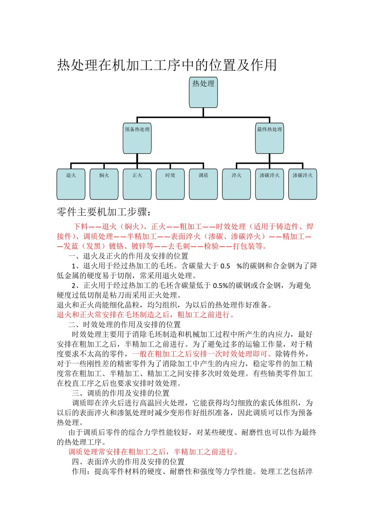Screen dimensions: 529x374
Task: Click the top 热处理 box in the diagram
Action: (203, 92)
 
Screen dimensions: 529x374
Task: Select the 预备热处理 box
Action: (137, 139)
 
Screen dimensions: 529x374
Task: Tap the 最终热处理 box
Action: (270, 139)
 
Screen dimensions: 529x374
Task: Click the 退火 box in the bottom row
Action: (71, 184)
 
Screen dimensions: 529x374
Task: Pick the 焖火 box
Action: (104, 184)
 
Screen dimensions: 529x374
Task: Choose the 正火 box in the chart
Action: (137, 184)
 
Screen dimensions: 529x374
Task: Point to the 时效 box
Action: (170, 184)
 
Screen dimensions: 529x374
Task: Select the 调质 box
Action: (203, 184)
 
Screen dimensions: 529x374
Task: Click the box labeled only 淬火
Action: (237, 184)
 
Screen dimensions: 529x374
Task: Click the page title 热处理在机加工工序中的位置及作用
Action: (167, 65)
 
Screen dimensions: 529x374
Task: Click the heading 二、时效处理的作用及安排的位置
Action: (124, 325)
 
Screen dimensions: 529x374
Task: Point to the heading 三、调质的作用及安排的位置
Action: (121, 393)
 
